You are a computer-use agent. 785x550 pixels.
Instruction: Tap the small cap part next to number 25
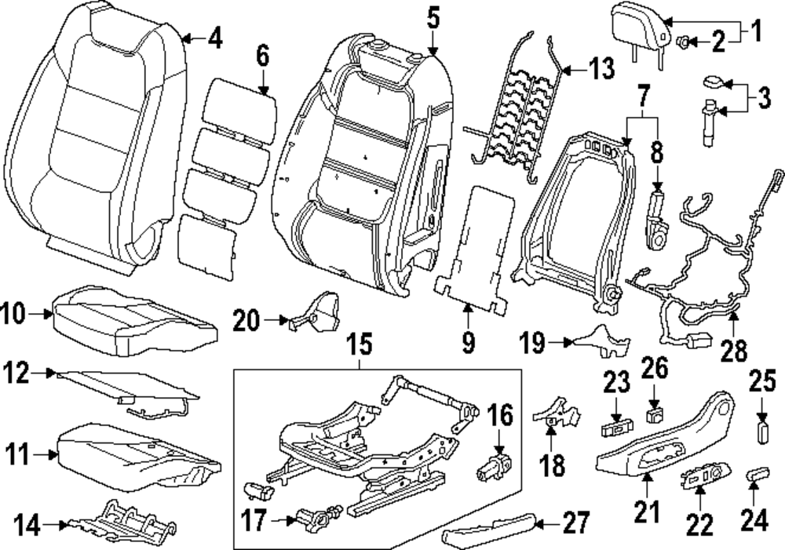761,432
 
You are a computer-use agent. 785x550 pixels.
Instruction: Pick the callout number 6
261,56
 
